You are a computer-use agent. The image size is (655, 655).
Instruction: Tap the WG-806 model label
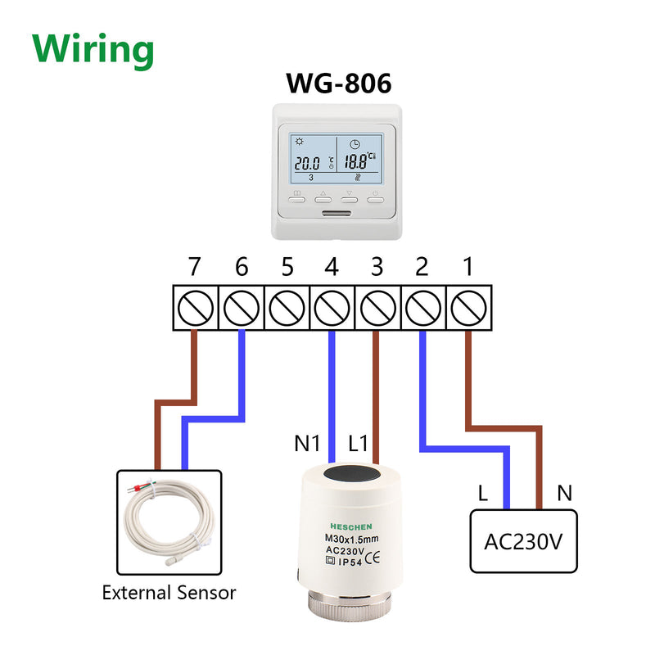(338, 84)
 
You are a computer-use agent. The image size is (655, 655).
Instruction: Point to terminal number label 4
(332, 268)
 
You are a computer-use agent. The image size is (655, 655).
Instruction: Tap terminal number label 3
(377, 268)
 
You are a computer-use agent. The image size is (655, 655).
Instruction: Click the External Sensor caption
(169, 592)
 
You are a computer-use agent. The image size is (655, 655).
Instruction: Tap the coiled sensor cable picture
(169, 522)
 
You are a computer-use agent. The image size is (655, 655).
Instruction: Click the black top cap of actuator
(353, 474)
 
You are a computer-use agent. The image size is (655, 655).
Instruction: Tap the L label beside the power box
(484, 494)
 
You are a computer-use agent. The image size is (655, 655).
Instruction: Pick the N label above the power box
(564, 494)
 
